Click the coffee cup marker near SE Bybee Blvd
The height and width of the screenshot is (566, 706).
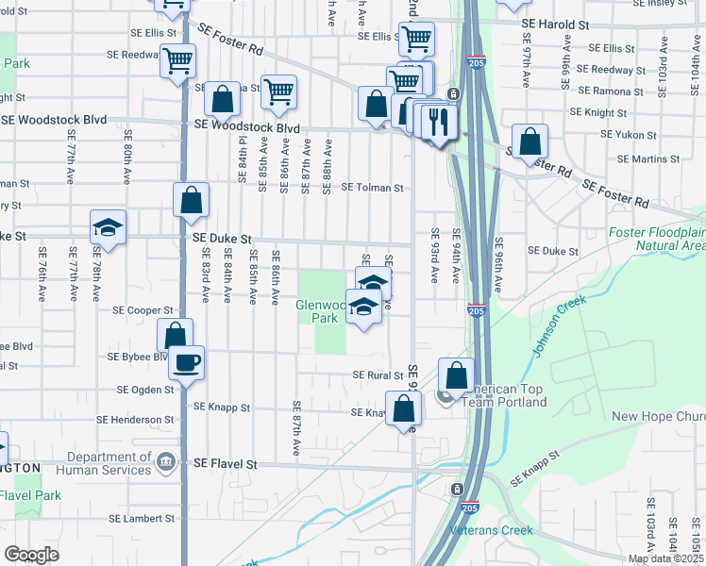(186, 361)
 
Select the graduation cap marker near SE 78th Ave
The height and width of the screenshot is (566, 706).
(109, 228)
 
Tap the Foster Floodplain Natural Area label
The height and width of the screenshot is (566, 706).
(658, 239)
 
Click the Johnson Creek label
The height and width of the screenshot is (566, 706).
(559, 326)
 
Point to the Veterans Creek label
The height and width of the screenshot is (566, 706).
(491, 530)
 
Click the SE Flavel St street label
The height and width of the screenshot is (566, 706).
(226, 464)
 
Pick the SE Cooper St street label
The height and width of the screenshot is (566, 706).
(143, 309)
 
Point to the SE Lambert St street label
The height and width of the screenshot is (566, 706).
(142, 519)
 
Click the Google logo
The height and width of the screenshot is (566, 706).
(31, 555)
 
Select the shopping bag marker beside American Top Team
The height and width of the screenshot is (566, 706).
(456, 375)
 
